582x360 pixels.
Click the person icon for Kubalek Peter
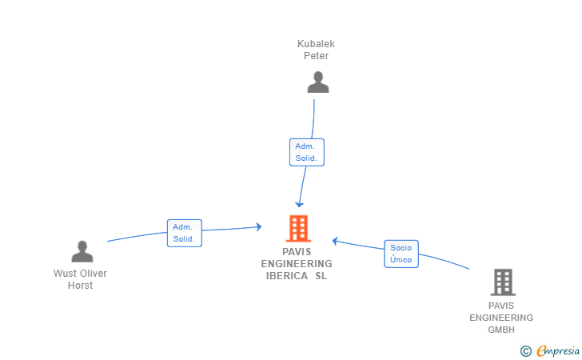click(x=318, y=82)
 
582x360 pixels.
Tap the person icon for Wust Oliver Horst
click(x=82, y=252)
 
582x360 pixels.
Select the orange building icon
click(x=298, y=229)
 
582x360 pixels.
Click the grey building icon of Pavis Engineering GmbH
click(x=502, y=282)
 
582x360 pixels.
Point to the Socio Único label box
click(x=401, y=254)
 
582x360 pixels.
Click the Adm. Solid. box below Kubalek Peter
click(x=306, y=152)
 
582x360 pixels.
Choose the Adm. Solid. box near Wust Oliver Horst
click(x=184, y=233)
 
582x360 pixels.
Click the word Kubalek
click(x=316, y=44)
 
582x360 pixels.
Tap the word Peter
click(x=316, y=56)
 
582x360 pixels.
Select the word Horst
click(x=80, y=286)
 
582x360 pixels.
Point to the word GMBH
click(x=501, y=330)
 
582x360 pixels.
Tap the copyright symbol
click(x=525, y=350)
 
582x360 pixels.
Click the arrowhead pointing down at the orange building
click(x=300, y=205)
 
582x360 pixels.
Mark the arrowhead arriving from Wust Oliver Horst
click(x=258, y=227)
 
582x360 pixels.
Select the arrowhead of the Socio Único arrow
click(x=336, y=240)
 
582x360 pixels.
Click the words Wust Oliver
click(x=80, y=274)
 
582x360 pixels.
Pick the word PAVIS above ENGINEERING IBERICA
click(x=297, y=251)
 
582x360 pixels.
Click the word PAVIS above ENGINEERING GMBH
click(x=501, y=306)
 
